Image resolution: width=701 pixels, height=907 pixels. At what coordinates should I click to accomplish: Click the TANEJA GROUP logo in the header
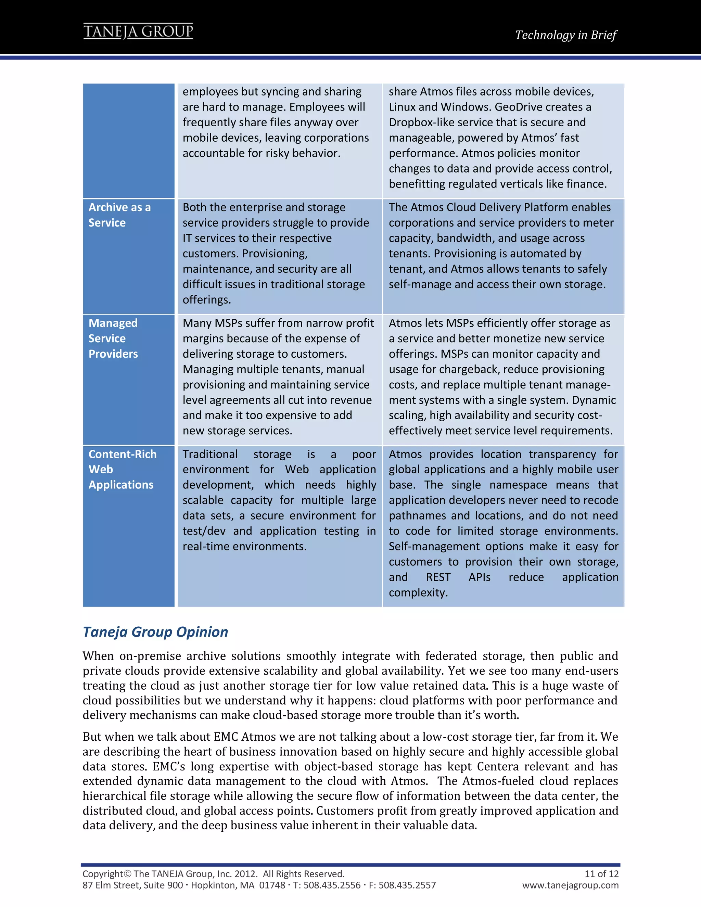click(x=138, y=31)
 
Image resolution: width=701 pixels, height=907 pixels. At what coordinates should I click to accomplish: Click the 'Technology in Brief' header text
click(x=565, y=35)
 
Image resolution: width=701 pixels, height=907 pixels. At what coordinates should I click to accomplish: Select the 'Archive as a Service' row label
click(x=119, y=215)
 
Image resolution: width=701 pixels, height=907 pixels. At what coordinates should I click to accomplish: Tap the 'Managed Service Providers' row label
click(x=113, y=338)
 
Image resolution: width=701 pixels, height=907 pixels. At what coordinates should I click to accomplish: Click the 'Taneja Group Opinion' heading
click(x=155, y=632)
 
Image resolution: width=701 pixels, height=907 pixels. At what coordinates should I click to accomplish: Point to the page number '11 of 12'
click(x=601, y=873)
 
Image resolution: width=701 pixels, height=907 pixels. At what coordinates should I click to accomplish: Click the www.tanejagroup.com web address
click(x=570, y=885)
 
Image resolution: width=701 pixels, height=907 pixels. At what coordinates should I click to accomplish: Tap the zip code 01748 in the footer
click(x=272, y=885)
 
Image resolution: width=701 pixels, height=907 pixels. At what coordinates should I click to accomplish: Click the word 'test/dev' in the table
click(x=204, y=531)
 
